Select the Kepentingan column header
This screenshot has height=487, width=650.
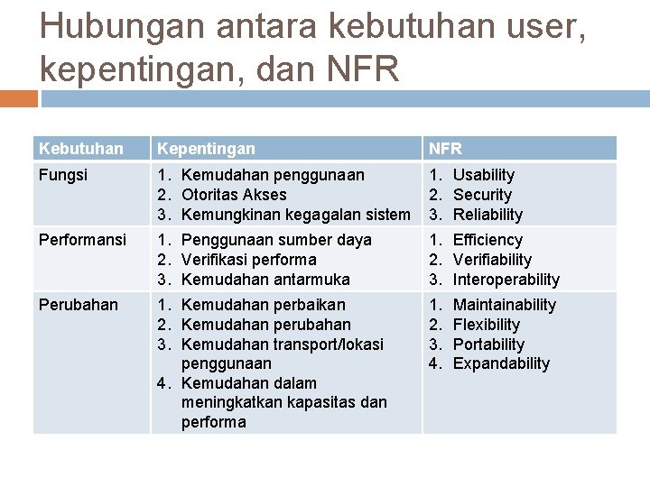click(205, 148)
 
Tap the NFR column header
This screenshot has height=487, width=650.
click(445, 148)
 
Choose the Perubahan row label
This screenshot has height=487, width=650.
click(78, 305)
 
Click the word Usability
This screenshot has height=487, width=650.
click(483, 175)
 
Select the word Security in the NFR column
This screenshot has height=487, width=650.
click(482, 195)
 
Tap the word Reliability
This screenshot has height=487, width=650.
click(487, 215)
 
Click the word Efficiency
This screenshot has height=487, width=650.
click(487, 240)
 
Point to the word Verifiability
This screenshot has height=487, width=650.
click(492, 260)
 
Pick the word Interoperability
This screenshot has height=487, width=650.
click(506, 280)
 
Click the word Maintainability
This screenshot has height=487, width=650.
click(504, 305)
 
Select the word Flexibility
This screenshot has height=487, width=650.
click(486, 325)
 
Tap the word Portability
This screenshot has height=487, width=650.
click(487, 345)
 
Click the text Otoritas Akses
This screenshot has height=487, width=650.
click(234, 195)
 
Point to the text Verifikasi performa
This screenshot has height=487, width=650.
click(249, 260)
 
